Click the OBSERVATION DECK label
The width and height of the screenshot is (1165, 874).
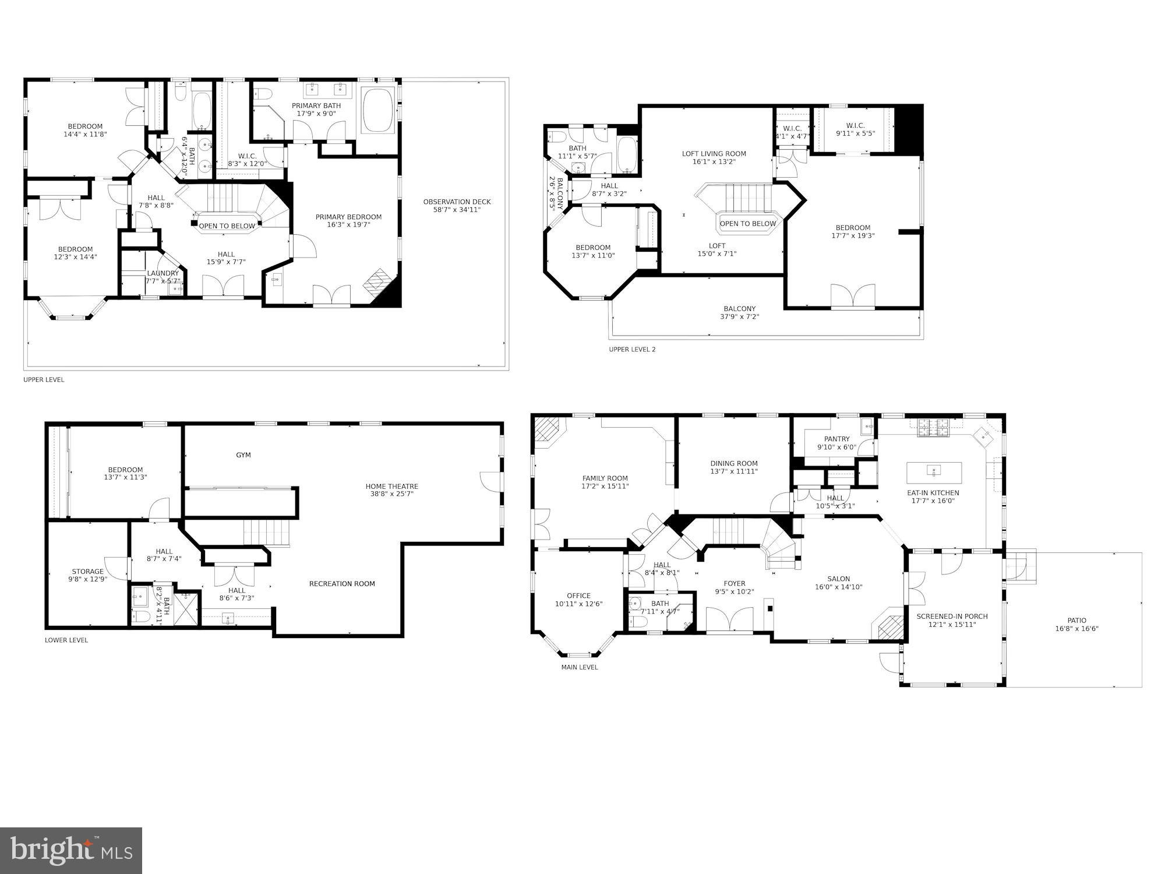coord(457,206)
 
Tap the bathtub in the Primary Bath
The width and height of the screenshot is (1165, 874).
coord(379,111)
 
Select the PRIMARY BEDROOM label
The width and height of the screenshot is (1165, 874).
coord(348,221)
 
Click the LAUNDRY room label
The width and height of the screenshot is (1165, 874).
coord(163,277)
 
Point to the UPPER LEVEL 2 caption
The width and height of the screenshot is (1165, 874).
coord(632,350)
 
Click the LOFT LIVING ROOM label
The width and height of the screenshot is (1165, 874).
coord(714,157)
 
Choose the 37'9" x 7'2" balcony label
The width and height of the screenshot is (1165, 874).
coord(739,313)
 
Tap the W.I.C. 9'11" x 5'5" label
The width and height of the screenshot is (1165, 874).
coord(855,129)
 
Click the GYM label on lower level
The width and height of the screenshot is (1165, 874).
coord(243,455)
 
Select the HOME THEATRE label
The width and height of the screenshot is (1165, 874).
coord(391,490)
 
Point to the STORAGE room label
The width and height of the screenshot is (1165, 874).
coord(87,575)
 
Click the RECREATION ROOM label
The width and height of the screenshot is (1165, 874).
coord(342,584)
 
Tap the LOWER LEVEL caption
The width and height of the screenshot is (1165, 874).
coord(66,640)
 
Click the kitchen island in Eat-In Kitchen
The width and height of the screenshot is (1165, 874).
coord(934,470)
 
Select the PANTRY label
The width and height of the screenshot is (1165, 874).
coord(836,443)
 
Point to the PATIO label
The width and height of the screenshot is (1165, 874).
coord(1076,625)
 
